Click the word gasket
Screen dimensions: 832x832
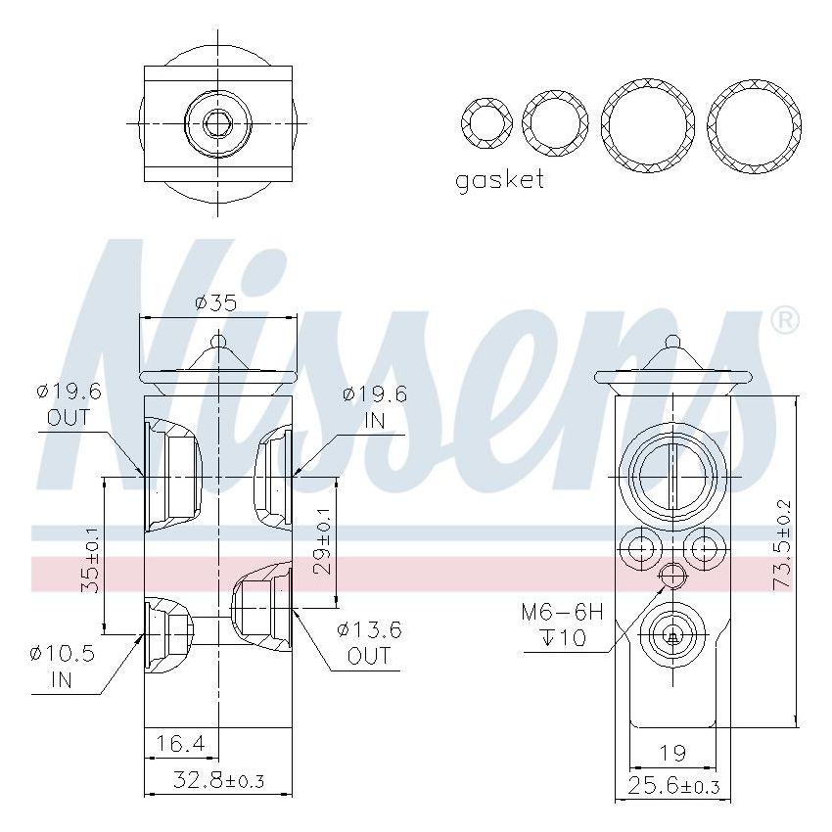(x=499, y=180)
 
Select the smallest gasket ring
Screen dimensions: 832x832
(x=485, y=122)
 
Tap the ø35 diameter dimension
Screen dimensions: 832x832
(x=215, y=302)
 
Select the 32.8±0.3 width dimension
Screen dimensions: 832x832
(x=217, y=780)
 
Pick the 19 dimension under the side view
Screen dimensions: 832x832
(x=671, y=753)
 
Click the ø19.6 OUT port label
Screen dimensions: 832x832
(x=69, y=404)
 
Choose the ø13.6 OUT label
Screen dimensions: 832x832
(x=369, y=642)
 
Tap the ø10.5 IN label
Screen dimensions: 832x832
(x=62, y=666)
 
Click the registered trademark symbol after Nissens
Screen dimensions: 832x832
(x=785, y=320)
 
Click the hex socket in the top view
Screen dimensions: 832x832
(x=217, y=123)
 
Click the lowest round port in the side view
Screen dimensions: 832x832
(x=671, y=636)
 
